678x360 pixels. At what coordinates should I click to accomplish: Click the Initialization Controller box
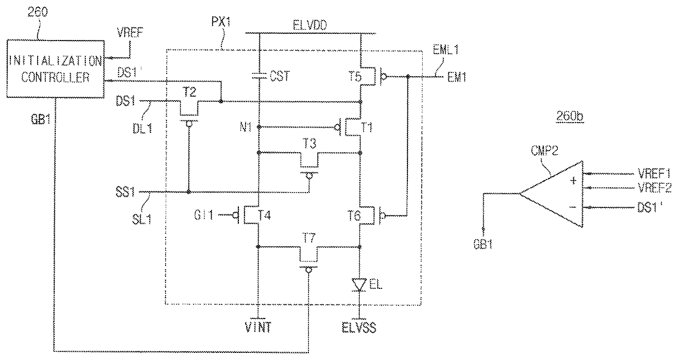pos(55,69)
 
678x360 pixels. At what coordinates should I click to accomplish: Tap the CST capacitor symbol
pos(259,76)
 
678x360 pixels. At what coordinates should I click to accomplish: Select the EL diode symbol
pos(360,284)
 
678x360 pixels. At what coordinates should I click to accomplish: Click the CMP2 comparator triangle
pos(552,194)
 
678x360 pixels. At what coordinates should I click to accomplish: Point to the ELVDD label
pos(310,25)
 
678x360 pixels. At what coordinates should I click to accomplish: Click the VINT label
pos(258,327)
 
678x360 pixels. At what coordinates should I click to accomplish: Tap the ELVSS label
pos(359,328)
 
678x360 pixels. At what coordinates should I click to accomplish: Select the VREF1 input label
pos(654,173)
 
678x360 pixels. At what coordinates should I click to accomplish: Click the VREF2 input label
pos(654,188)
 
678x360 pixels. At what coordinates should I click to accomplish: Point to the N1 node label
pos(246,127)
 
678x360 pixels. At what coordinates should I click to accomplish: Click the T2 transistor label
pos(190,92)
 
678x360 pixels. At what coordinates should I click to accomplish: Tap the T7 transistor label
pos(309,239)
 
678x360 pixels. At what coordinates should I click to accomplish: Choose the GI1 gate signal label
pos(204,215)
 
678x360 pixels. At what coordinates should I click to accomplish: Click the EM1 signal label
pos(457,78)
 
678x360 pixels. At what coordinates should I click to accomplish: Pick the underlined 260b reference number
pos(570,117)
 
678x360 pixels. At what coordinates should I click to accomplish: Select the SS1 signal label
pos(125,192)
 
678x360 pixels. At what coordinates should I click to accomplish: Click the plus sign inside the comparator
pos(573,181)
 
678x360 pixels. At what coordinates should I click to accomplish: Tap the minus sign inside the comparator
pos(572,207)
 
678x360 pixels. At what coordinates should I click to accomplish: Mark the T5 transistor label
pos(355,76)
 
